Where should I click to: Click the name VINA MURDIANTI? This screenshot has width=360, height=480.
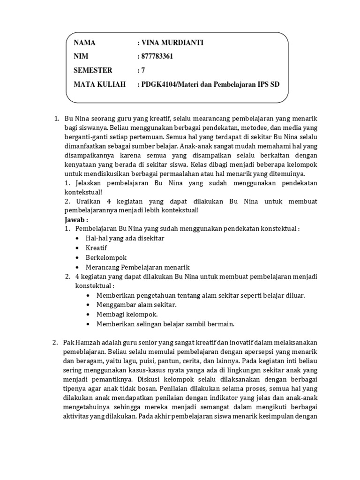(x=173, y=43)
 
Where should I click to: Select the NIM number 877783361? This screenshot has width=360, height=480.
(x=157, y=57)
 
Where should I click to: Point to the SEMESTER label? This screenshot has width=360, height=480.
(x=93, y=70)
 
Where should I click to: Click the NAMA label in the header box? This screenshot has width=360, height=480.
(x=84, y=43)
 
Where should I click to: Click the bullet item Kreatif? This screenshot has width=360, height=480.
(x=97, y=247)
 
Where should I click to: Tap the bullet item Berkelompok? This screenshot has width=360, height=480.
(x=106, y=257)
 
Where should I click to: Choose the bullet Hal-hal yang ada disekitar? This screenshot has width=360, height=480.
(x=125, y=238)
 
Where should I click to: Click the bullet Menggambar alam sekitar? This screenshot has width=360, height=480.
(x=136, y=305)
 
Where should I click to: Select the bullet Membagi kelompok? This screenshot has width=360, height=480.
(x=127, y=314)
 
